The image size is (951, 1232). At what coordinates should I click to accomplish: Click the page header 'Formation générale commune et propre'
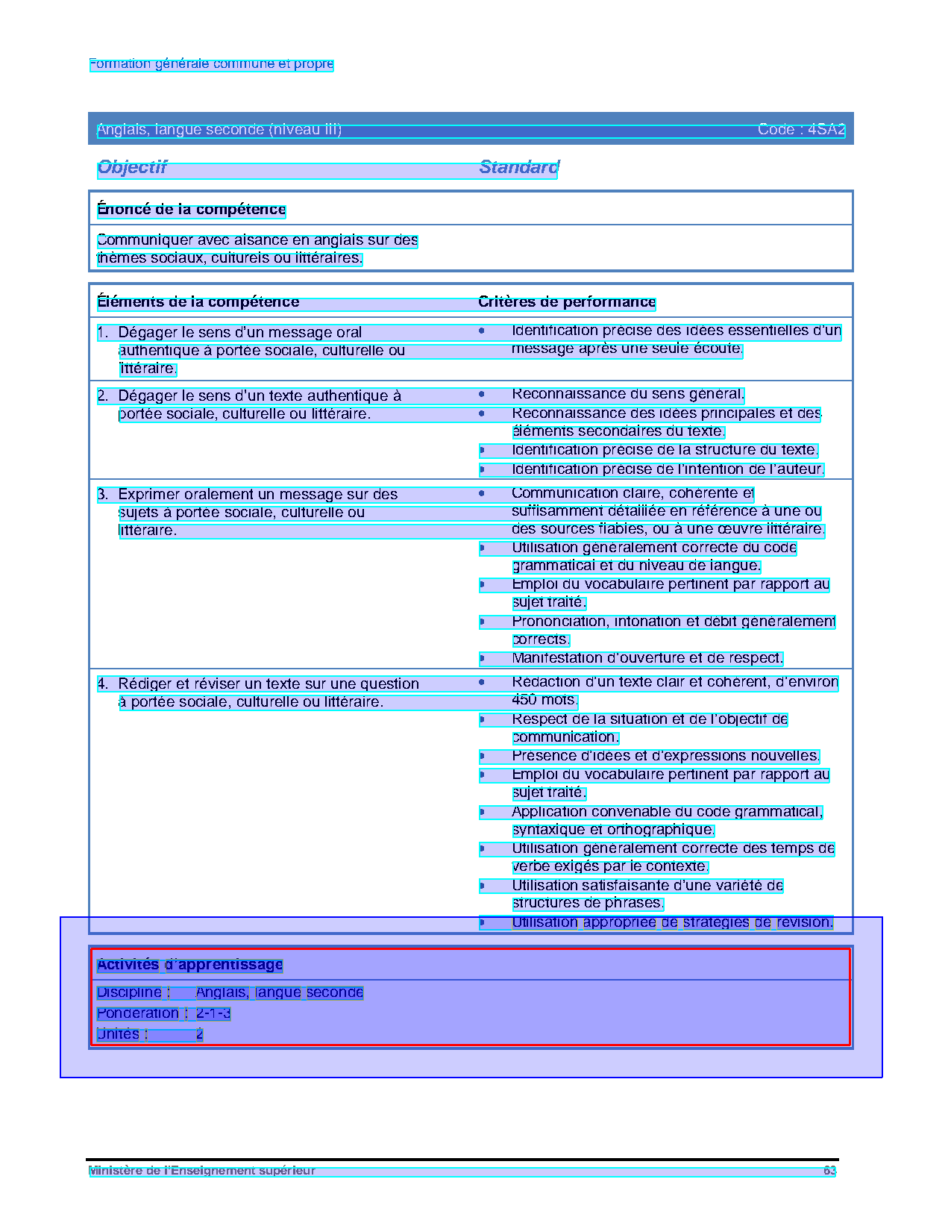point(211,64)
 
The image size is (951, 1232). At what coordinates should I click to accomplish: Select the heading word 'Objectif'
point(132,167)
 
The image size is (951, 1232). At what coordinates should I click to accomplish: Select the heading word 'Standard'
point(518,167)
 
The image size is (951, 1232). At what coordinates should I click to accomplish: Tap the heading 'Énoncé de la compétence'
point(192,210)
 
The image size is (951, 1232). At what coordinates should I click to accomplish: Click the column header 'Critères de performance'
point(567,302)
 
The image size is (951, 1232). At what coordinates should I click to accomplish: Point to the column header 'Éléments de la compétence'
point(198,302)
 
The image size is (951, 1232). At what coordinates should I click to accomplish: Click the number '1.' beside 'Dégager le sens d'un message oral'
point(103,333)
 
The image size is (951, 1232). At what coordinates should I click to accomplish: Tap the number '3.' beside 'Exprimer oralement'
point(103,495)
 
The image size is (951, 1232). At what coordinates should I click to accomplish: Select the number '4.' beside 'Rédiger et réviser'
point(103,684)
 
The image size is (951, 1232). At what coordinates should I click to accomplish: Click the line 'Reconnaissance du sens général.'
point(628,394)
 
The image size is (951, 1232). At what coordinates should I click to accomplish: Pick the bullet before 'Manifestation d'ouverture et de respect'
point(482,658)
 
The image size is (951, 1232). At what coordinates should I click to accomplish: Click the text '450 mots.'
point(544,700)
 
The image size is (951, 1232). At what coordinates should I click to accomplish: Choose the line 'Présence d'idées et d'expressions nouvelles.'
point(665,756)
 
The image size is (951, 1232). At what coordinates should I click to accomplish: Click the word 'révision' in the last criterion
point(804,922)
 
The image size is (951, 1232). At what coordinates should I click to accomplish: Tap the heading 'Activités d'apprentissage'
point(190,965)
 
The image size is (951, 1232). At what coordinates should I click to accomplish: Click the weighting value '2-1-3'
point(213,1013)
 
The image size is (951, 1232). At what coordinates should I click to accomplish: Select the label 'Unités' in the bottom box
point(118,1034)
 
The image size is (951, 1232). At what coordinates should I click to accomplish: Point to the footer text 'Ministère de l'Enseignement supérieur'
point(202,1171)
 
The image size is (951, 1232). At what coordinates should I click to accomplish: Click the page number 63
point(829,1171)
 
